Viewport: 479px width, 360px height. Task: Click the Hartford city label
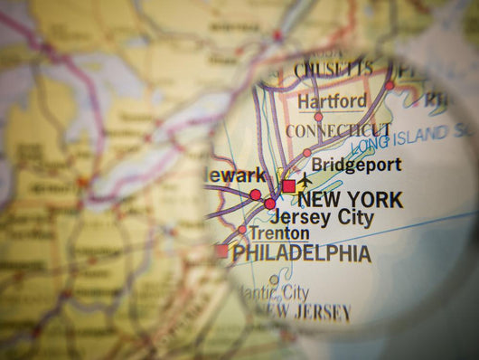333,100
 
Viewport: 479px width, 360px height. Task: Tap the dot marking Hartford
318,117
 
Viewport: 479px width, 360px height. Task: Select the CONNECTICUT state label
338,132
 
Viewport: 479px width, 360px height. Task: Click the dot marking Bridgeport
307,153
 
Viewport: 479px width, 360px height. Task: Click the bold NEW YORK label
350,200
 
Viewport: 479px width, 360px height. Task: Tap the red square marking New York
288,185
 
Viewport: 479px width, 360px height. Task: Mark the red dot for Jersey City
269,204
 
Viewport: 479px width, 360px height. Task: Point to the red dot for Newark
256,194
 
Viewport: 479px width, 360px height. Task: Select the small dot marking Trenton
241,230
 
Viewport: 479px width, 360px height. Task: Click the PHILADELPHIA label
302,253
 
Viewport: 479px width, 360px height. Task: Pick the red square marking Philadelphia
221,251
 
